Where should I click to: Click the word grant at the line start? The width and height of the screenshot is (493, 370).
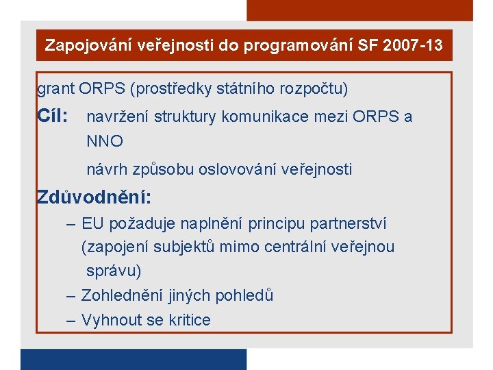(55, 89)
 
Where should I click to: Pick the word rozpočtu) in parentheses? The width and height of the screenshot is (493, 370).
(316, 89)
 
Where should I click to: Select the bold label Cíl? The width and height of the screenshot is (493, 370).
(52, 116)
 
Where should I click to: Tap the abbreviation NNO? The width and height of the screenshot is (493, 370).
(105, 142)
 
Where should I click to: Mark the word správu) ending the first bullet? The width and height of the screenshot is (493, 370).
(114, 271)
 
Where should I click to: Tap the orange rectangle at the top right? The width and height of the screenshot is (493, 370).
(359, 10)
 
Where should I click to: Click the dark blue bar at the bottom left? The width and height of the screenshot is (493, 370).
(133, 360)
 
